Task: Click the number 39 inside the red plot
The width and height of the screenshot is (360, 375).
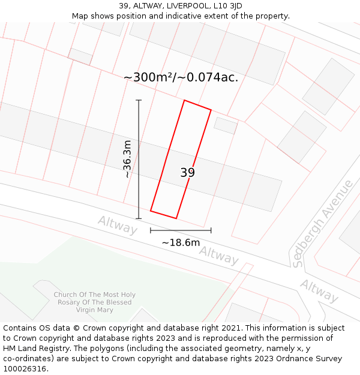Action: [x=187, y=173]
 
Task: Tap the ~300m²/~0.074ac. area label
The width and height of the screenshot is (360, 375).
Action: [x=181, y=77]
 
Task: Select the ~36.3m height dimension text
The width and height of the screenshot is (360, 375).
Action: [x=127, y=159]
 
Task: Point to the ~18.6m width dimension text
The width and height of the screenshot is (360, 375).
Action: [x=181, y=243]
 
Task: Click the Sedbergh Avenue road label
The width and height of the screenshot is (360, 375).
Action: [x=322, y=223]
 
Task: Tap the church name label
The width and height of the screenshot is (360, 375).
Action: [x=94, y=302]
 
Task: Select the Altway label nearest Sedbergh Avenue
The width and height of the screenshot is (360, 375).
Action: [x=319, y=291]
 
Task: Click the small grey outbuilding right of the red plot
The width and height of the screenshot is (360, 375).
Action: [x=226, y=125]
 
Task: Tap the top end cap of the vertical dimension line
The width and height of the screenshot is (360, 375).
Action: [x=139, y=100]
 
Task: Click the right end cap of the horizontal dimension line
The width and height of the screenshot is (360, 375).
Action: [x=211, y=230]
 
